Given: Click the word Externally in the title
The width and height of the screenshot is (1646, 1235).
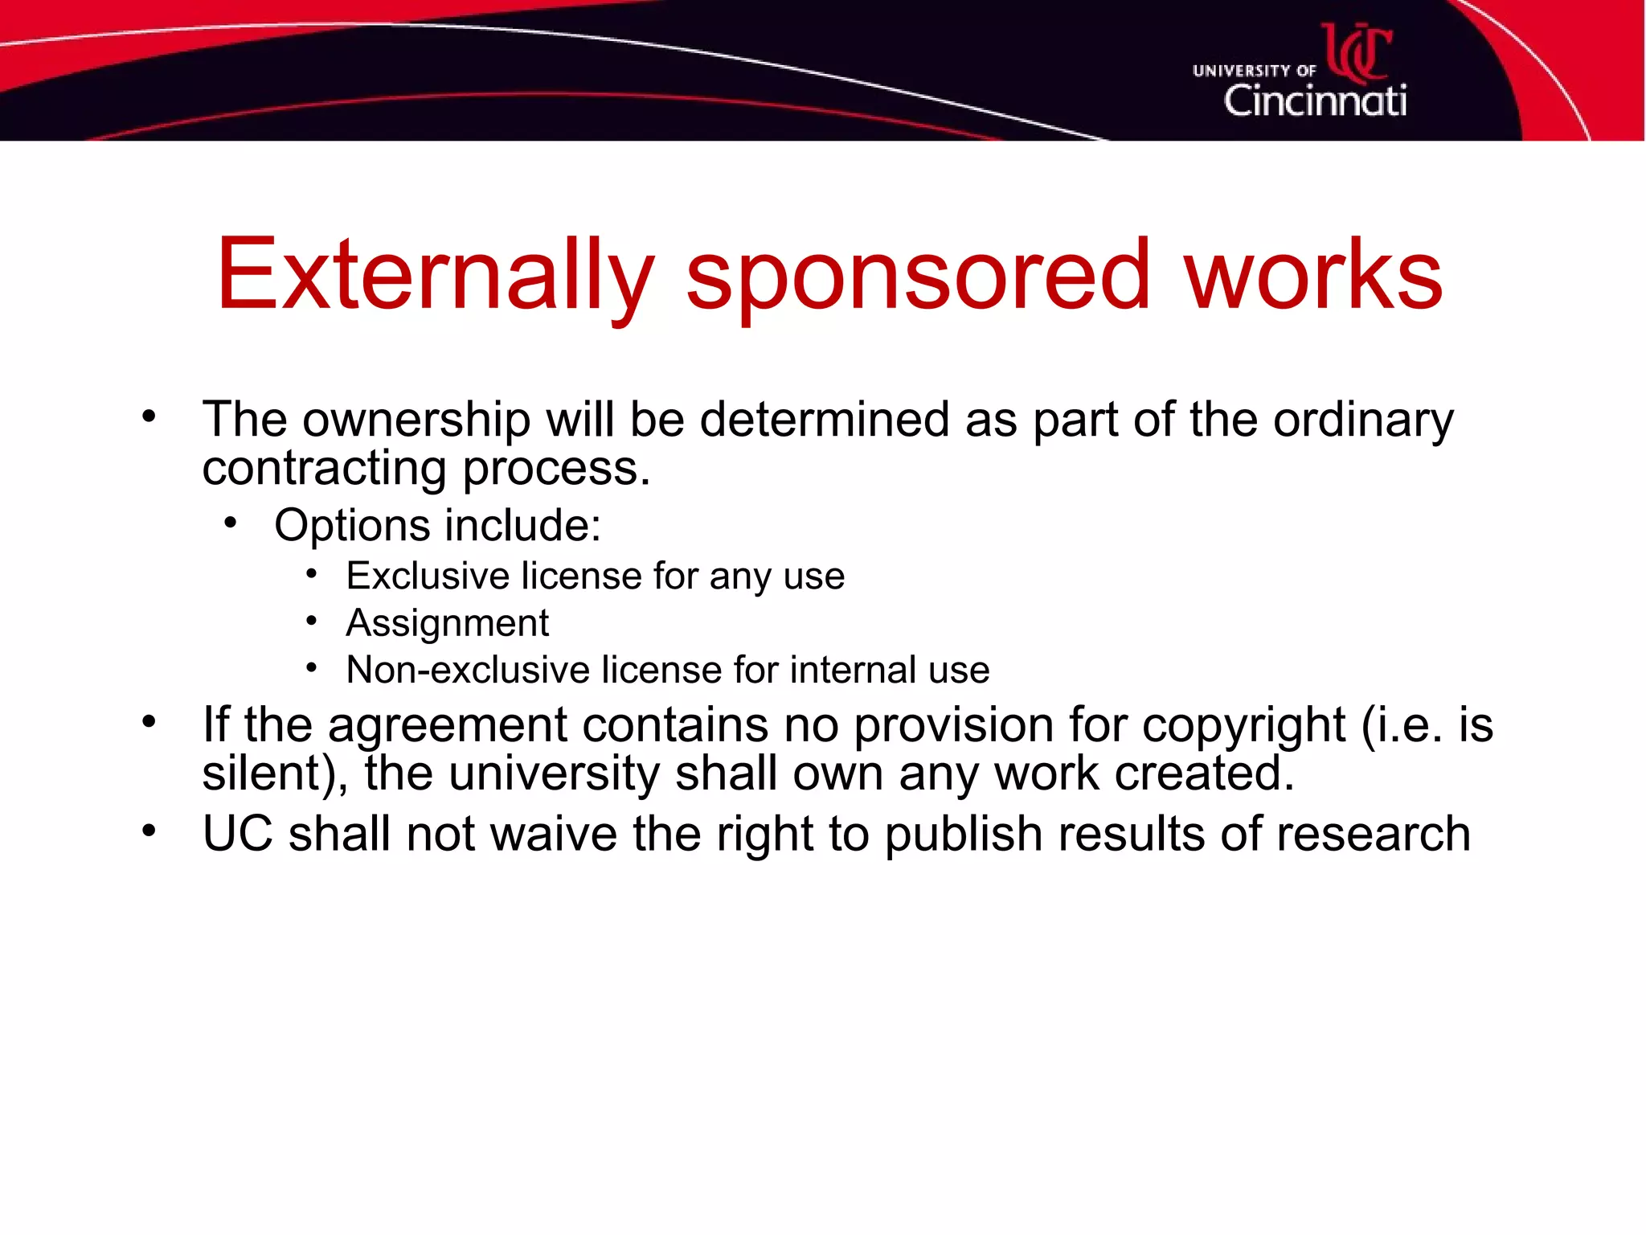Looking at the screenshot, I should point(435,275).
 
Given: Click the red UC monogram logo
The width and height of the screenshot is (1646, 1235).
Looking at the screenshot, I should point(1357,51).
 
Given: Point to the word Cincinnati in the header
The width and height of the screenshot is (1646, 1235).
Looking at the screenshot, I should point(1314,101).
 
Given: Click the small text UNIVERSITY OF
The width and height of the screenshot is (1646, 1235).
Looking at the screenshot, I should point(1254,71).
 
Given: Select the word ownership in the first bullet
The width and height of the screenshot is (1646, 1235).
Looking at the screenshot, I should point(416,420).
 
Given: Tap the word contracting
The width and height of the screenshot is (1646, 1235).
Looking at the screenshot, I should point(324,468).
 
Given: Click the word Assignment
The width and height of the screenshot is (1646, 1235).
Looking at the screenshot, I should point(447,623).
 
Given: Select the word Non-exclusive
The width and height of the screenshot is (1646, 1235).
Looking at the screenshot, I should point(468,670).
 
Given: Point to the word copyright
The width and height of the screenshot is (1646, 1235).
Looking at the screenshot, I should point(1243,725).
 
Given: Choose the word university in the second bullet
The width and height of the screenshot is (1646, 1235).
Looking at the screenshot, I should point(554,773).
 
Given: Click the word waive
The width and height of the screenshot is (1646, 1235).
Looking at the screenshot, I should point(554,834).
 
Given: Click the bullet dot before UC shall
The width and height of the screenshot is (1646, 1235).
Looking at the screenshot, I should point(149,831).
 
